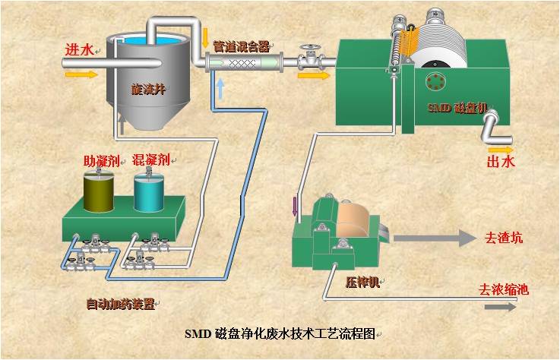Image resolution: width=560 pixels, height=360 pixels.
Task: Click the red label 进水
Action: click(x=80, y=50)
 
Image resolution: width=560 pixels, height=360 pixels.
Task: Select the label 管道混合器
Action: click(x=241, y=46)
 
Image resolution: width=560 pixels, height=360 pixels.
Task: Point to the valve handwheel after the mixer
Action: click(x=309, y=50)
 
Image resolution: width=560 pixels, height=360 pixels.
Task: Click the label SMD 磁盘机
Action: click(x=454, y=109)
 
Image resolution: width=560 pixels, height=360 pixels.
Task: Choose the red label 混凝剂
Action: click(x=150, y=160)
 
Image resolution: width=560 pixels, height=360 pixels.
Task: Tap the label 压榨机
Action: click(x=362, y=283)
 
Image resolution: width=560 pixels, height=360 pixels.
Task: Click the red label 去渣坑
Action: click(x=503, y=238)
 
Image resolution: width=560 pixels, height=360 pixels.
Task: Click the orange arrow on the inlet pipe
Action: click(x=84, y=74)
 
